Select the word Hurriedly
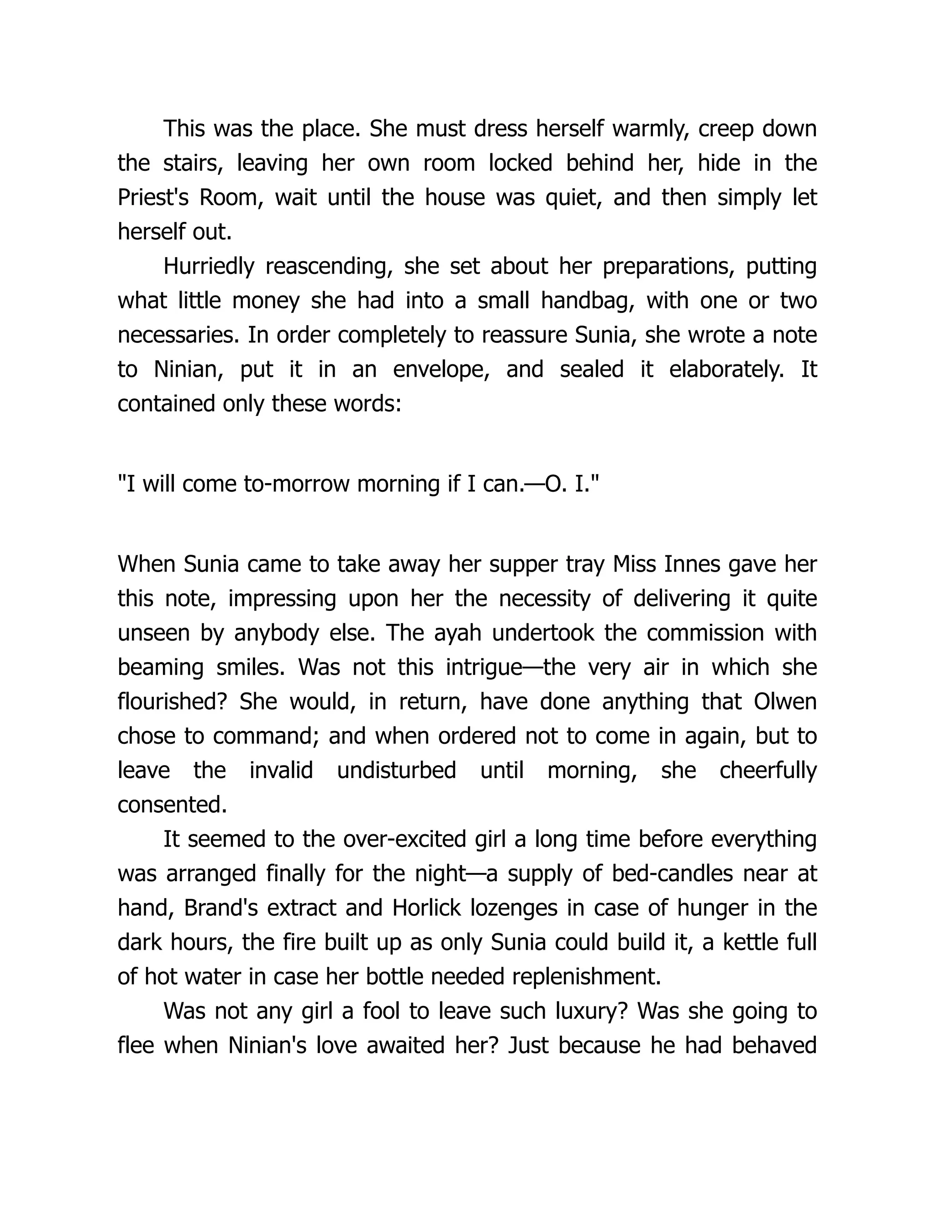point(208,267)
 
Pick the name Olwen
point(785,702)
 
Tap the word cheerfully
point(768,771)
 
